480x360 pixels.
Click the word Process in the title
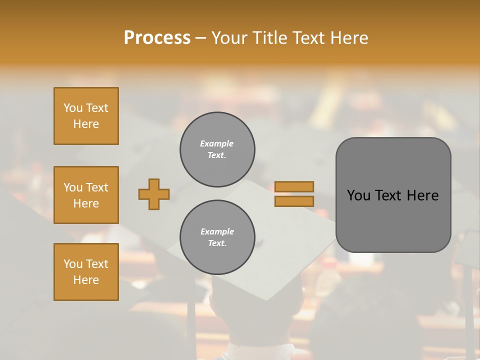tap(157, 38)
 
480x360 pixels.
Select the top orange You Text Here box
tap(86, 116)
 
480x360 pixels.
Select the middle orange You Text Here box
tap(86, 195)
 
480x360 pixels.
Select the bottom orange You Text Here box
tap(86, 272)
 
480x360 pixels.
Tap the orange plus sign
tap(154, 194)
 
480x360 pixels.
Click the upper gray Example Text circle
tap(217, 149)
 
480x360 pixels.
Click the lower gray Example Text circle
tap(217, 237)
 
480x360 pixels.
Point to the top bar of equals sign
tap(294, 186)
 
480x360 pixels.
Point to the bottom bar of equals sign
tap(294, 201)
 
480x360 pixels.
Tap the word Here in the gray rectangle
tap(423, 195)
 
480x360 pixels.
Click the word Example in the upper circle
tap(216, 143)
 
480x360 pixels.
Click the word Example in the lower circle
tap(217, 231)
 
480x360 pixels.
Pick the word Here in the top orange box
tap(86, 124)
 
